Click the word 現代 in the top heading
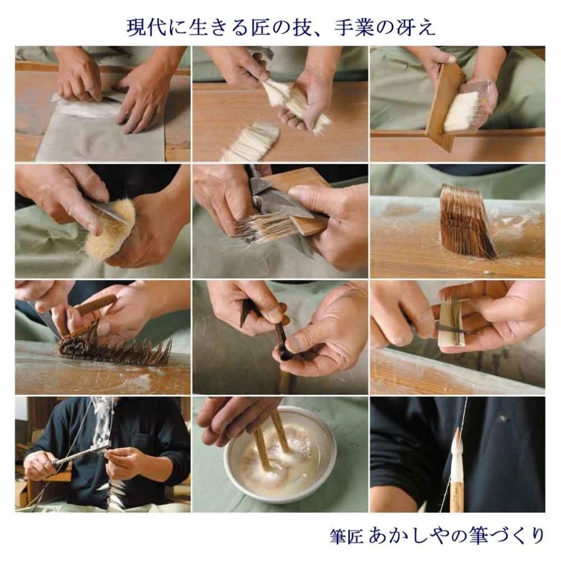click(x=146, y=28)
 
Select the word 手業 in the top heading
click(x=354, y=28)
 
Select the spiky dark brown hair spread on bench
click(x=114, y=347)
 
